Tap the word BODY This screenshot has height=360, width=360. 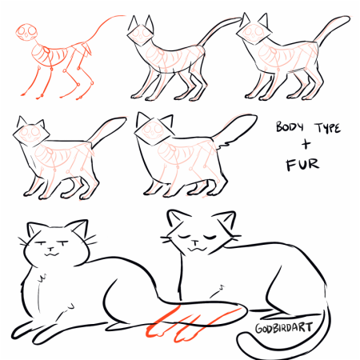click(x=290, y=126)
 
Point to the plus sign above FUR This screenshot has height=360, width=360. click(x=306, y=145)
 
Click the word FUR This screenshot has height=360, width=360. click(x=302, y=165)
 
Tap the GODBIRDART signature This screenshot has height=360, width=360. click(x=283, y=327)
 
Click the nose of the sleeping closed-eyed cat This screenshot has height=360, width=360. click(x=195, y=242)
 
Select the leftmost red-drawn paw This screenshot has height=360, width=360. click(x=155, y=330)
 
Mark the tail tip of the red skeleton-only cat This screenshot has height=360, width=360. click(x=124, y=16)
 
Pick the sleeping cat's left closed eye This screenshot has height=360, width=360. click(x=183, y=237)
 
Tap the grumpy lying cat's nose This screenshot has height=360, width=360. click(x=50, y=250)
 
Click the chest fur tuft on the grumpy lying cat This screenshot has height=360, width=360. click(x=43, y=278)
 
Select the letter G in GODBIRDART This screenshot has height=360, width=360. click(x=259, y=329)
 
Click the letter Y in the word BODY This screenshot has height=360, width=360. click(x=301, y=126)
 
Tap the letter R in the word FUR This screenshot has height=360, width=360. click(x=314, y=164)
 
